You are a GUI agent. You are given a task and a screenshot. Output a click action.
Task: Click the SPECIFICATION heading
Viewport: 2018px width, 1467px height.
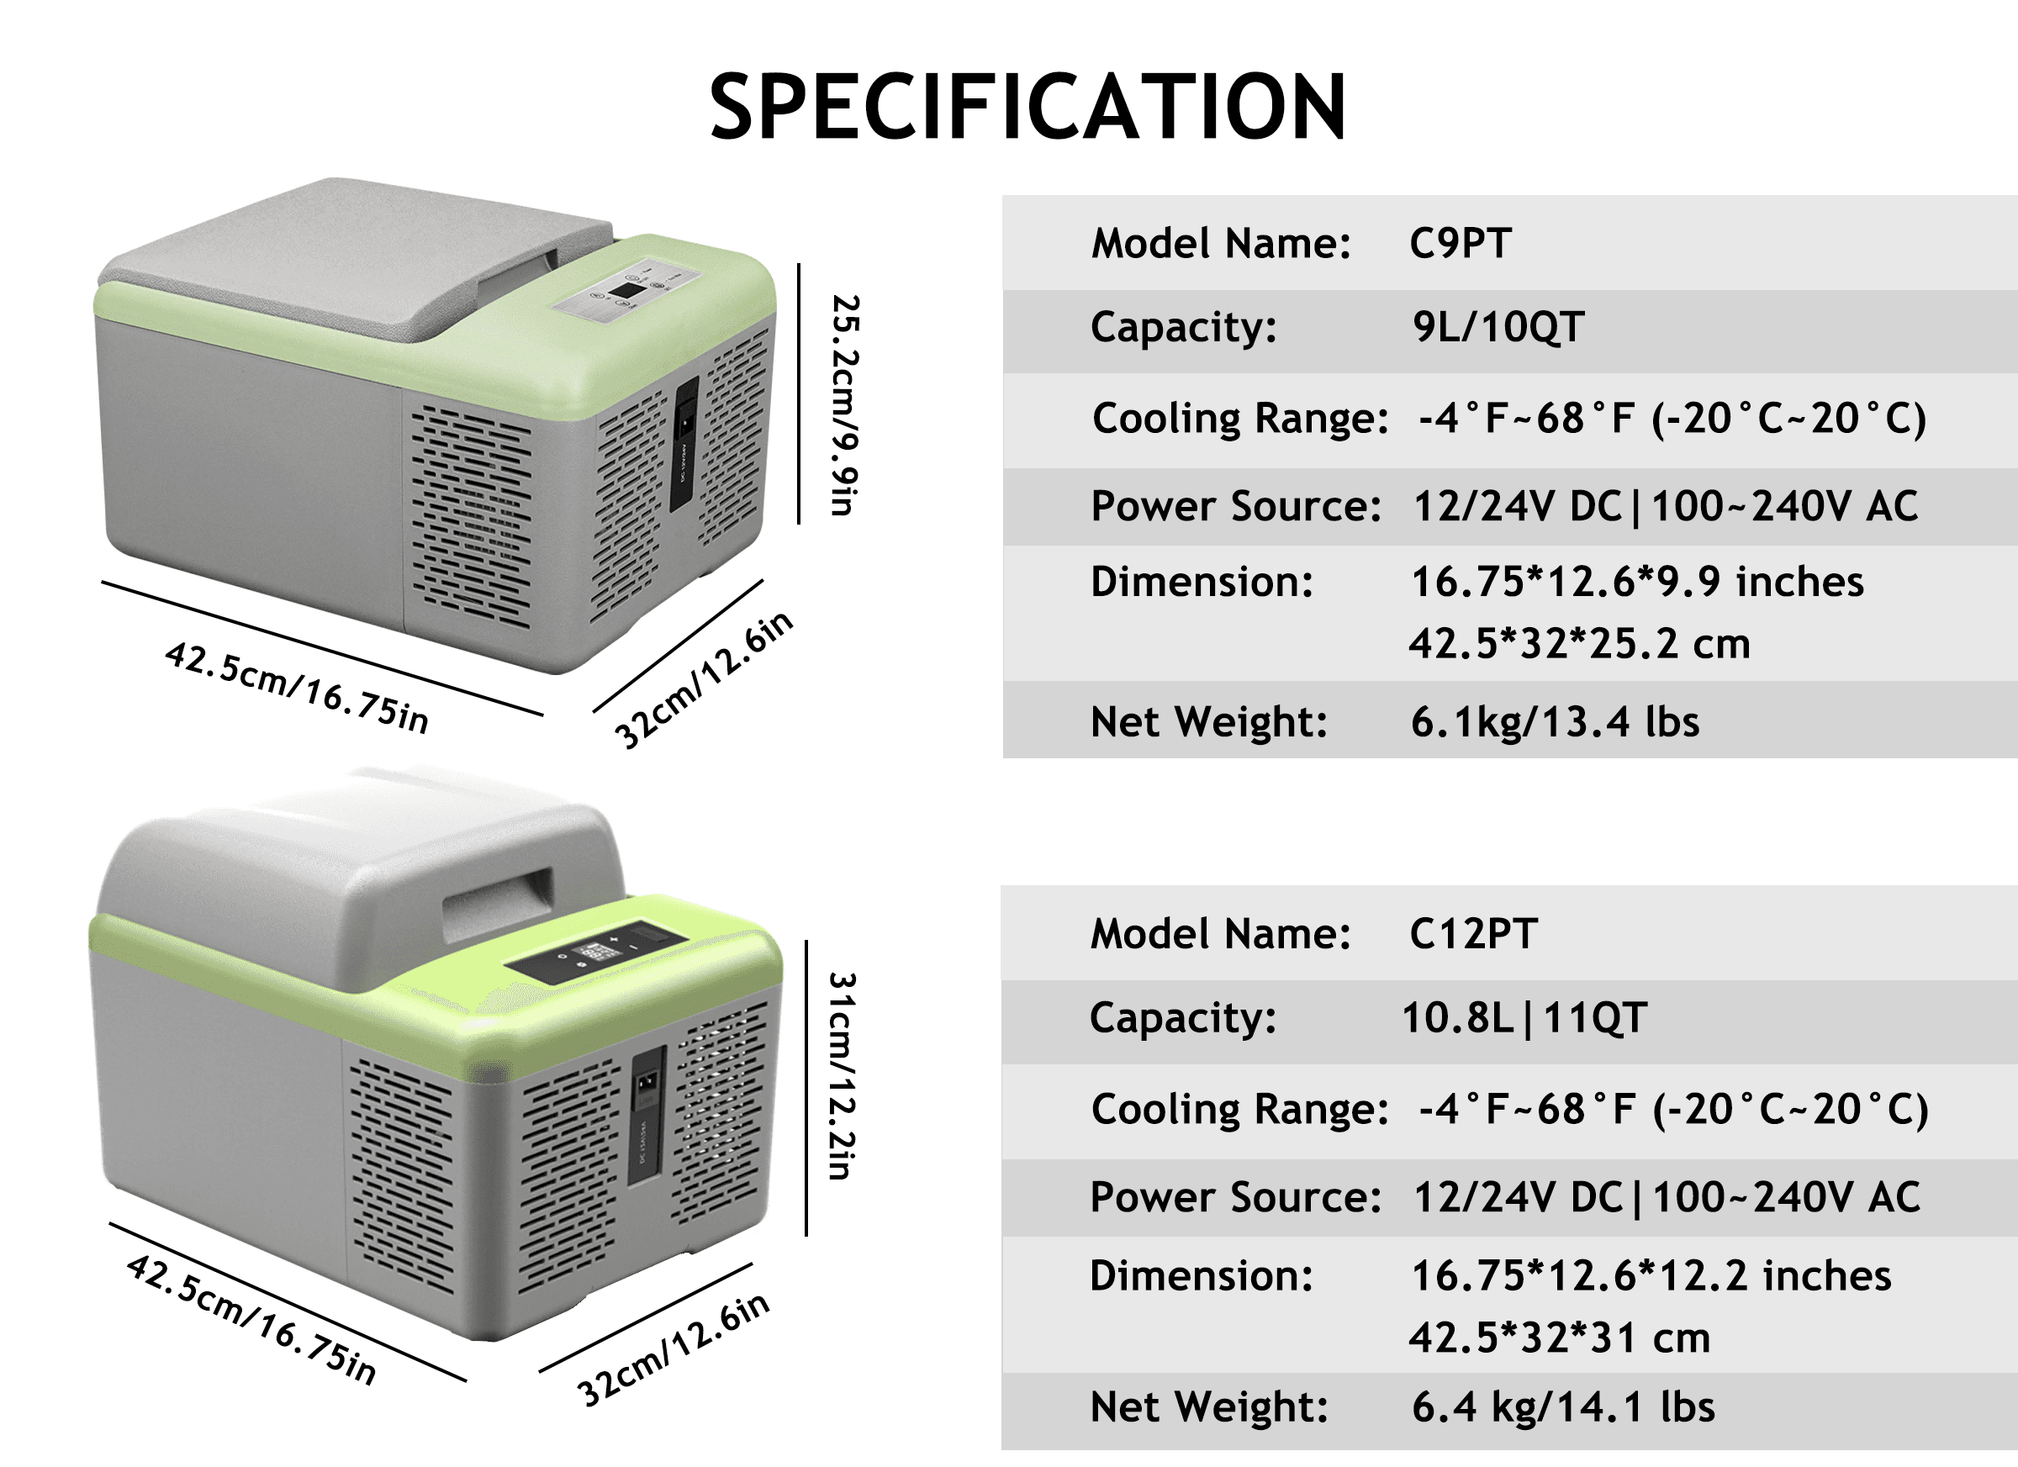point(1027,108)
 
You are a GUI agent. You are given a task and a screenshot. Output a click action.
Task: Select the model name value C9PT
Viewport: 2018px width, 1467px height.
point(1461,244)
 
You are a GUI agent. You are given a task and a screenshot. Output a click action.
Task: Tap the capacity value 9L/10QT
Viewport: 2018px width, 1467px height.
point(1498,326)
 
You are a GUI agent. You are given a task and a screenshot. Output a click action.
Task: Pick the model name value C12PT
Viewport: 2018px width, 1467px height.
point(1473,934)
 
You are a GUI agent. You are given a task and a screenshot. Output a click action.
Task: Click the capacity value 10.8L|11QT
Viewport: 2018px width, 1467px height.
point(1524,1018)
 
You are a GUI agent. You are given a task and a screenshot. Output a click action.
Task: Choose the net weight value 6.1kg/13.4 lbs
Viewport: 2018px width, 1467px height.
point(1555,721)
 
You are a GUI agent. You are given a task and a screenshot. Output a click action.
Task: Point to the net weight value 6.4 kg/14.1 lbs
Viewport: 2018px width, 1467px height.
point(1562,1407)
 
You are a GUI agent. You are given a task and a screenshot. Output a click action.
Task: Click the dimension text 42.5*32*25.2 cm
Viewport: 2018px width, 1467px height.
point(1579,643)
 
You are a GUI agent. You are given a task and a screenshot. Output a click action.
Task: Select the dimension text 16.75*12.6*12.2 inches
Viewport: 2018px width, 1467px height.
point(1651,1275)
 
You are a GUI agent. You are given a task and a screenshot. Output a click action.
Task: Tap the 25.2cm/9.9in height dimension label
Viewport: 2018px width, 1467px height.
point(843,404)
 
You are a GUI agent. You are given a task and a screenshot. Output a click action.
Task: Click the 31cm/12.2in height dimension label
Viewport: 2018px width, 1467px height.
point(842,1075)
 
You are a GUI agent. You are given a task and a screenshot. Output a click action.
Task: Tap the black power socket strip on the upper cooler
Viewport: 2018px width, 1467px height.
point(684,442)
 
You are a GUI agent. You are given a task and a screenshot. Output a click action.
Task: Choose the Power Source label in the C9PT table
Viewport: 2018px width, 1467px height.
point(1236,506)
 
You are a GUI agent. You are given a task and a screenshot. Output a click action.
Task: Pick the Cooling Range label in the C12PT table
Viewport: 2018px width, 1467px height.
point(1239,1110)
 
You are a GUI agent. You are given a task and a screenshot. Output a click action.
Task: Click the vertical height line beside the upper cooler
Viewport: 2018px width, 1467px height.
point(799,393)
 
